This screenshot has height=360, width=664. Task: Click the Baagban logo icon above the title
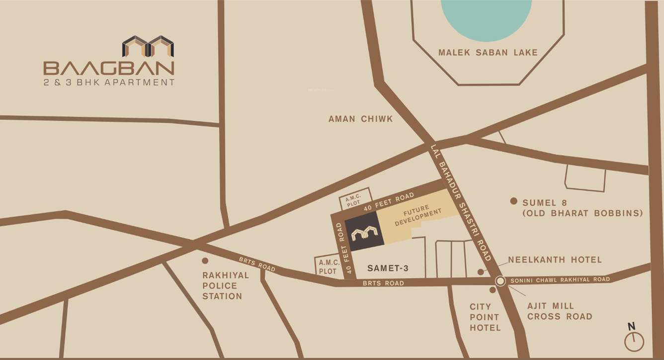coord(148,46)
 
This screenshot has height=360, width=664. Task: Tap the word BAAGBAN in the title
coord(109,68)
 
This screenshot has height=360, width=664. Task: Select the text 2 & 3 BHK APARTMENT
coord(109,82)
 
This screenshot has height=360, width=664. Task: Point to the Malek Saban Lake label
coord(488,53)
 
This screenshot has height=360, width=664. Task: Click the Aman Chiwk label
coord(360,119)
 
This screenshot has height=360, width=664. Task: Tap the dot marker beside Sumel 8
coord(513,201)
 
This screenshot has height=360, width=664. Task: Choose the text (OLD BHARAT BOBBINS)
coord(582,213)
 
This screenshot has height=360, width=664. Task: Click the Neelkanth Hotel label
coord(555,260)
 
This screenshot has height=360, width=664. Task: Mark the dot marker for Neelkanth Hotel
coord(480,271)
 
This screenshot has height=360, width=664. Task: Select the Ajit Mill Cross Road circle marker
coord(500,281)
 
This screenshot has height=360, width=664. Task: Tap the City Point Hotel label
coord(486,317)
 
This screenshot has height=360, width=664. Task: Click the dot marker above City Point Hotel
coord(493,290)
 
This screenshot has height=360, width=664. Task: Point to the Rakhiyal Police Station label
coord(222,285)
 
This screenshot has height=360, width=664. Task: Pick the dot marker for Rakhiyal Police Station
coord(204,261)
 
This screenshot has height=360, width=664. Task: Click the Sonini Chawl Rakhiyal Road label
coord(559,280)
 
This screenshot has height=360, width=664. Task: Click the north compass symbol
coord(634,340)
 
